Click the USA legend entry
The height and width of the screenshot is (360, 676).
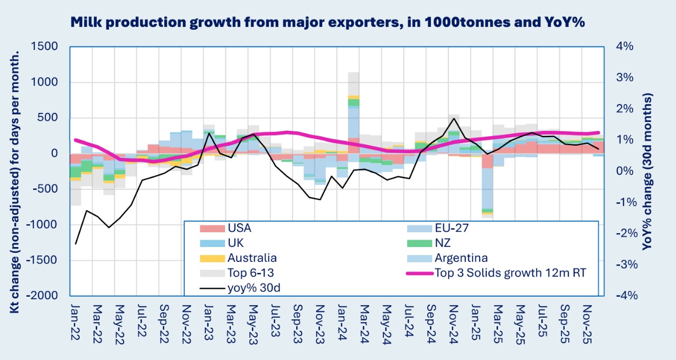tap(239, 229)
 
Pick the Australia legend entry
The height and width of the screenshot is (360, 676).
tap(252, 258)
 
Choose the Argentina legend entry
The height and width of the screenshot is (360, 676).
tap(461, 258)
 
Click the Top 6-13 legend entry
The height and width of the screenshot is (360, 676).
tap(250, 273)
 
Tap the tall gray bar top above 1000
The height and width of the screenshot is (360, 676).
tap(354, 73)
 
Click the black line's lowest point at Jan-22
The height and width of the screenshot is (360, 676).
tap(76, 244)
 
